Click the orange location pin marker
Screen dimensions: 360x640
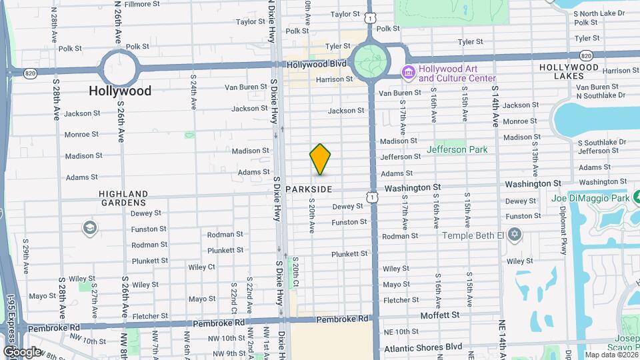[320, 159]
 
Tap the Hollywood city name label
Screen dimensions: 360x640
[121, 91]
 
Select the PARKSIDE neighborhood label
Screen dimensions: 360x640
[309, 190]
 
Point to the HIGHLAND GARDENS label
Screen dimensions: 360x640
[123, 198]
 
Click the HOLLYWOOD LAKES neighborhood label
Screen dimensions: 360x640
[569, 71]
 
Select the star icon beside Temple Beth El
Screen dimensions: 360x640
[513, 235]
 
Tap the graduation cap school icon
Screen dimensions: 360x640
[89, 229]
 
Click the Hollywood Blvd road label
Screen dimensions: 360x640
[317, 65]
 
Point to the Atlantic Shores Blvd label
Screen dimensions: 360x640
[422, 347]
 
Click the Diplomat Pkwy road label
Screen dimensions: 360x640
[563, 237]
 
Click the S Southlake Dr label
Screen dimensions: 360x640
[601, 142]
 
